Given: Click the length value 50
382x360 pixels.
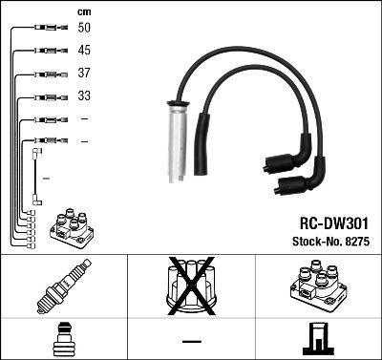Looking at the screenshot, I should pyautogui.click(x=84, y=29).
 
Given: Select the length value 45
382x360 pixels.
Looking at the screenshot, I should pyautogui.click(x=84, y=51).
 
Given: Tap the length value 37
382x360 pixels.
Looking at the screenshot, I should pyautogui.click(x=84, y=74).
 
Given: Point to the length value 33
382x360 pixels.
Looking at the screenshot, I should pyautogui.click(x=84, y=96).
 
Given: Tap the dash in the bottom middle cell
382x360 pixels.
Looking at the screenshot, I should pyautogui.click(x=191, y=341).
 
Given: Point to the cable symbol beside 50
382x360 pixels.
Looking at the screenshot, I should pyautogui.click(x=48, y=29).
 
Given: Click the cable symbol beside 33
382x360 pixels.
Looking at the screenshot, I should pyautogui.click(x=48, y=96).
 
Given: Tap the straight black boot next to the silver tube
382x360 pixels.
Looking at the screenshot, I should pyautogui.click(x=202, y=143).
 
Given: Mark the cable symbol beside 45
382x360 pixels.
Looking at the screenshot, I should pyautogui.click(x=48, y=51).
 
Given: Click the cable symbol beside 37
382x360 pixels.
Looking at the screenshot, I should pyautogui.click(x=48, y=74).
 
